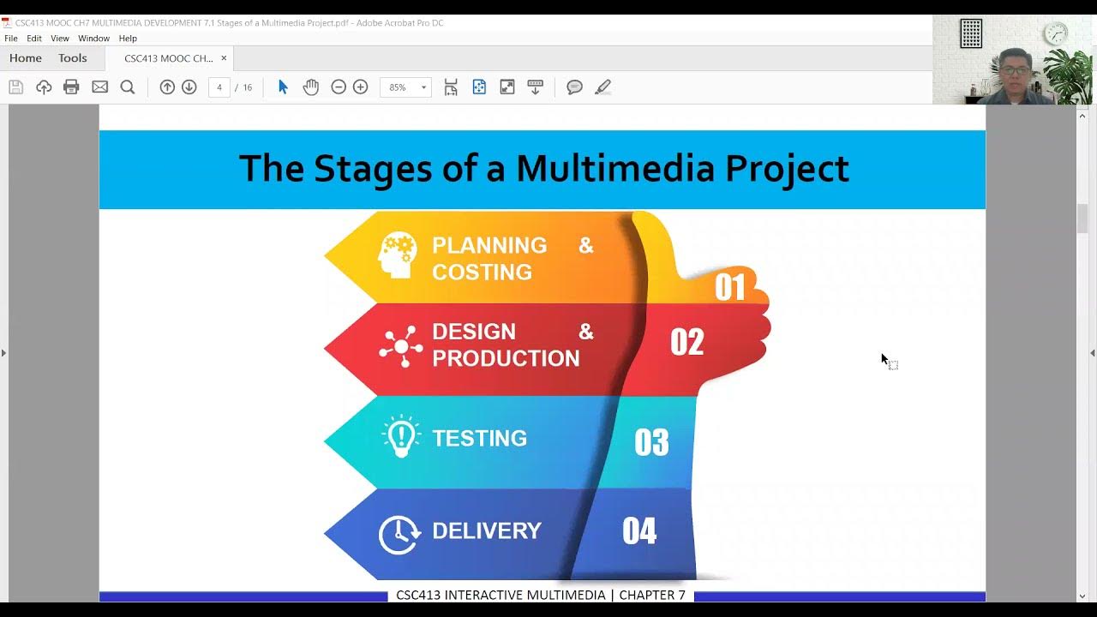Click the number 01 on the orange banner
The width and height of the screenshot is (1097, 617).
pos(730,287)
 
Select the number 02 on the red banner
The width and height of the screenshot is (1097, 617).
pos(686,342)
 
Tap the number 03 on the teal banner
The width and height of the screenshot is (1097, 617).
pos(651,442)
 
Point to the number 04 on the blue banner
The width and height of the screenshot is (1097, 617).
pos(639,531)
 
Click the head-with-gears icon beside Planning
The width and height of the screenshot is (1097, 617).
pos(398,255)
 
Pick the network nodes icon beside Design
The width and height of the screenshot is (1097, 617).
pos(400,346)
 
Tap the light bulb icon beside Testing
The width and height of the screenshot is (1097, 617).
pos(400,437)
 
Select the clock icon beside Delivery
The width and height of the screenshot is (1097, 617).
pos(399,535)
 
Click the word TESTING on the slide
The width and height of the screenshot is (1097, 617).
pos(479,439)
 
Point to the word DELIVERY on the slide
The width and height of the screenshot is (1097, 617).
pos(486,531)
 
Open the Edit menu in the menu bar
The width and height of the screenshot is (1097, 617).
pos(34,39)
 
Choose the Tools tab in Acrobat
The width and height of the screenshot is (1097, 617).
pos(73,58)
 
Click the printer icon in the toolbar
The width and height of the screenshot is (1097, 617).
pos(71,87)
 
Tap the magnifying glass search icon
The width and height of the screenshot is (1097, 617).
pos(128,87)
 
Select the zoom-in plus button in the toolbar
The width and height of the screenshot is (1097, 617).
pos(361,87)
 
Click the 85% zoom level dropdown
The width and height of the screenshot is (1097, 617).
pos(405,87)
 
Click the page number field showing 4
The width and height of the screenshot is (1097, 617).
pos(219,87)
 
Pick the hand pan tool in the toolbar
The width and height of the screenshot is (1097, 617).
pos(310,87)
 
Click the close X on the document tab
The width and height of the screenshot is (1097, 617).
pos(224,58)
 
